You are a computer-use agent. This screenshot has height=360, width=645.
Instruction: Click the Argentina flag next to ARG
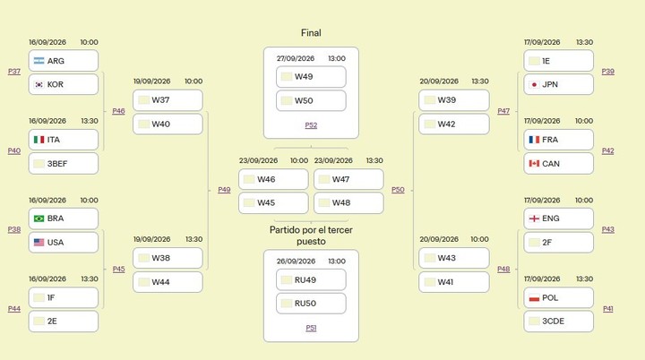(39, 61)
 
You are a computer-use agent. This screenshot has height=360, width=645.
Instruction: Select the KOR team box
(64, 84)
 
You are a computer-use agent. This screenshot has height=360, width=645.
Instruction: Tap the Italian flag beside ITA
(39, 140)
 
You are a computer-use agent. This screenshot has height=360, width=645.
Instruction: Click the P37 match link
(14, 71)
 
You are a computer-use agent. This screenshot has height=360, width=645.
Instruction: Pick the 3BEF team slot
(64, 163)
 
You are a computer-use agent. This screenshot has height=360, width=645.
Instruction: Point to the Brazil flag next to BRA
(39, 219)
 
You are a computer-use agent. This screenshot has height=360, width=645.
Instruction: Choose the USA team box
(64, 243)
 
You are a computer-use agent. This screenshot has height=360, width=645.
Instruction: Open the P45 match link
(118, 269)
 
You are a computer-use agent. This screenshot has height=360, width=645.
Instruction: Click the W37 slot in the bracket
(168, 100)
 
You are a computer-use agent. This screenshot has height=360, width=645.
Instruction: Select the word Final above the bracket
(311, 33)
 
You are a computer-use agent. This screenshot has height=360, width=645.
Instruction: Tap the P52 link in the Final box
(311, 125)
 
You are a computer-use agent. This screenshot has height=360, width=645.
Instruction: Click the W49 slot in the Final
(311, 77)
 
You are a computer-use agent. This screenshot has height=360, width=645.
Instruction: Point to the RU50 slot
(311, 304)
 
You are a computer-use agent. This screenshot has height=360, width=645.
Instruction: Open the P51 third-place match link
(311, 328)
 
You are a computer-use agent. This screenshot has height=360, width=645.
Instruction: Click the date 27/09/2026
(296, 58)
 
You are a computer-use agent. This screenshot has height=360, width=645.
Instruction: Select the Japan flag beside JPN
(534, 84)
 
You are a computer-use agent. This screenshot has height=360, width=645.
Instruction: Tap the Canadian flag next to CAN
(534, 163)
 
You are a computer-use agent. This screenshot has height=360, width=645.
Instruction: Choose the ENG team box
(559, 219)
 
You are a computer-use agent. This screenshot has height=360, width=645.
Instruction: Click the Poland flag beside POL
(534, 297)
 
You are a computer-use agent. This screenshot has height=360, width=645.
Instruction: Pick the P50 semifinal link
(398, 190)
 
